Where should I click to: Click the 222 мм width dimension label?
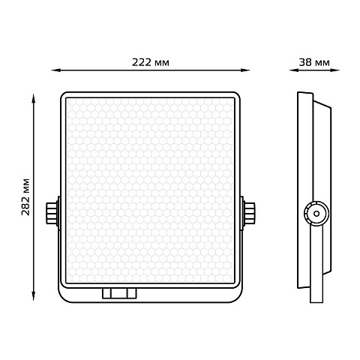151,62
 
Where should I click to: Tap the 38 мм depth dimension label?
314,62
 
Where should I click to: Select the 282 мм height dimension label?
25,197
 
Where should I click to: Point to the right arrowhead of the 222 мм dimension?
245,70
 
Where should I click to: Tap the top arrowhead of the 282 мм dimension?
33,98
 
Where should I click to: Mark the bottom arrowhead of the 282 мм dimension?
33,296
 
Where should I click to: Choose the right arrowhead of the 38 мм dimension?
335,70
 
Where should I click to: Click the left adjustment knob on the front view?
52,213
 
